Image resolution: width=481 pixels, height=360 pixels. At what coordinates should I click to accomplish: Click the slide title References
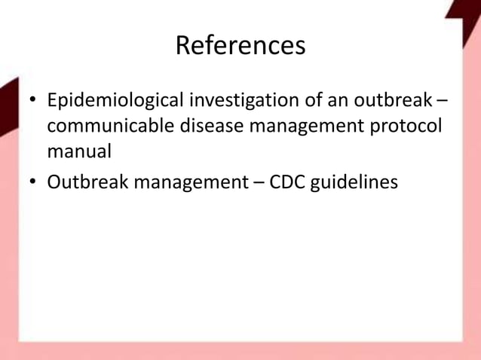click(x=240, y=46)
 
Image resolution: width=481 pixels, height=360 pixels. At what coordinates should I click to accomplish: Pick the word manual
click(x=79, y=151)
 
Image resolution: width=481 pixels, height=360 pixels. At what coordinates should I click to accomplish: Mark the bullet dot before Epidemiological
click(x=32, y=102)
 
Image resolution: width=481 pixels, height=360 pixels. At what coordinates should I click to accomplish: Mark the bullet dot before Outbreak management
click(x=32, y=182)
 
